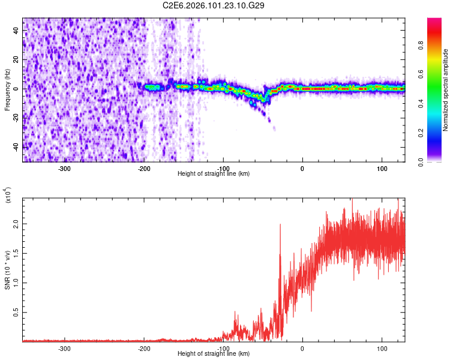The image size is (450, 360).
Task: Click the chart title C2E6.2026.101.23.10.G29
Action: point(214,5)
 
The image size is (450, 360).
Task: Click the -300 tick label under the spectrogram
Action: point(64,168)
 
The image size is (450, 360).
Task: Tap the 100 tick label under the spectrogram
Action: point(382,168)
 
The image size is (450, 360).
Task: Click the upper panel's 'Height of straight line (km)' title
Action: point(214,173)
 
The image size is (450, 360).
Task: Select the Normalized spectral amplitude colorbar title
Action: point(446,90)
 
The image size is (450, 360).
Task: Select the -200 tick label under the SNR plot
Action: point(143,348)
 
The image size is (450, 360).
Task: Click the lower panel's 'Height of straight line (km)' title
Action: point(214,353)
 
